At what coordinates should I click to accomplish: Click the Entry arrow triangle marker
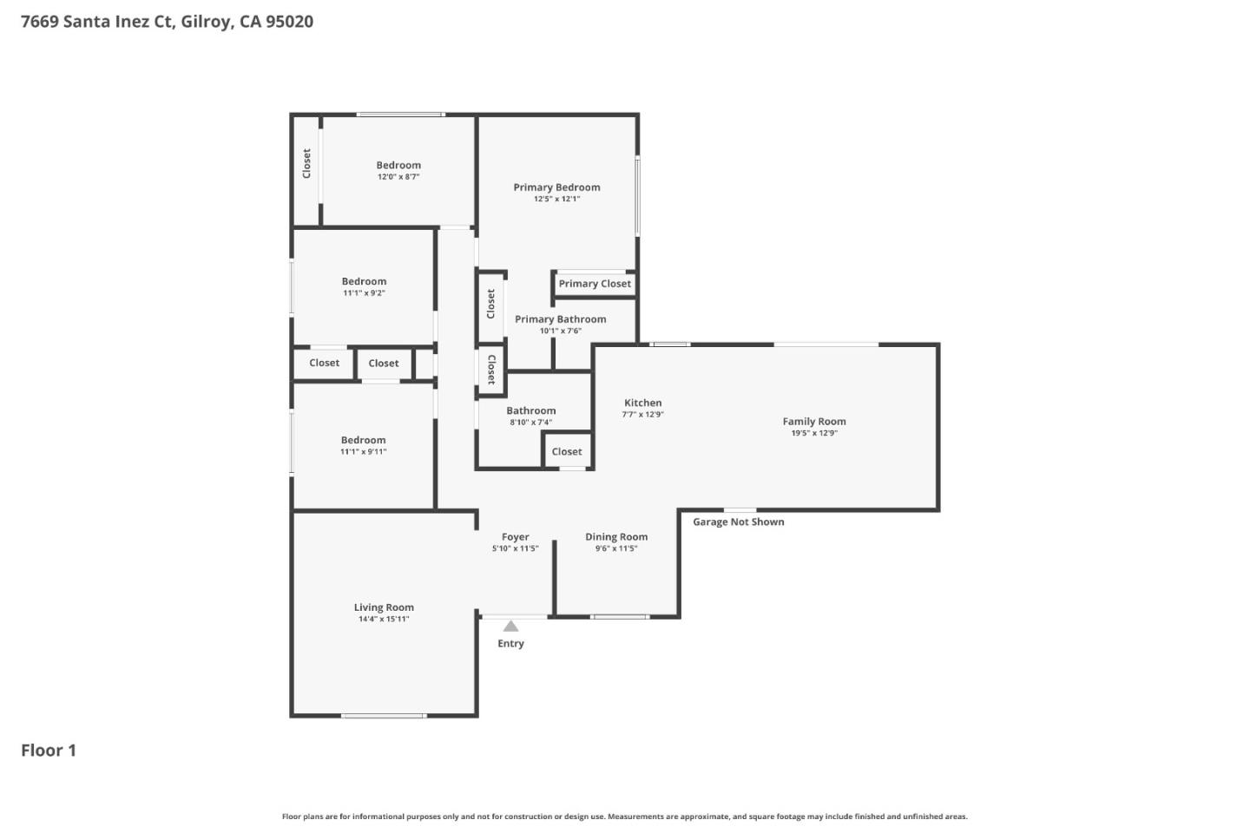pyautogui.click(x=510, y=626)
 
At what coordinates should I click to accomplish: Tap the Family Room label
pyautogui.click(x=813, y=422)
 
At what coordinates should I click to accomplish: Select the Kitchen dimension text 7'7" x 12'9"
pyautogui.click(x=642, y=415)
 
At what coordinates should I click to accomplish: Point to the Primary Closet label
pyautogui.click(x=595, y=284)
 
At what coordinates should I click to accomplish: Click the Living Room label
pyautogui.click(x=384, y=607)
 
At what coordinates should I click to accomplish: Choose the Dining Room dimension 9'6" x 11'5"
pyautogui.click(x=616, y=548)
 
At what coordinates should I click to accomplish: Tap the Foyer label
pyautogui.click(x=515, y=537)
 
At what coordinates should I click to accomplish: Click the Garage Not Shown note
pyautogui.click(x=738, y=521)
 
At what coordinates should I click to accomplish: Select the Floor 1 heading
pyautogui.click(x=49, y=751)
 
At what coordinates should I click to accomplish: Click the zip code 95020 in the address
pyautogui.click(x=289, y=22)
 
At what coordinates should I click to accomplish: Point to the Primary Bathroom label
pyautogui.click(x=560, y=319)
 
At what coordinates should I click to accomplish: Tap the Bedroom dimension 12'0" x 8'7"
pyautogui.click(x=398, y=177)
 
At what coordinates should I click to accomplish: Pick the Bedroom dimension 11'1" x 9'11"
pyautogui.click(x=363, y=452)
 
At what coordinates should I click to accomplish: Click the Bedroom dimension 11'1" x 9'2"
pyautogui.click(x=364, y=293)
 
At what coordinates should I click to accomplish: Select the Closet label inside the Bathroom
pyautogui.click(x=567, y=451)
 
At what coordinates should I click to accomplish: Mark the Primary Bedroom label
pyautogui.click(x=556, y=187)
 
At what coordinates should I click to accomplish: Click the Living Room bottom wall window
pyautogui.click(x=384, y=716)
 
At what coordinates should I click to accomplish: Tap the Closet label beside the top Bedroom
pyautogui.click(x=306, y=163)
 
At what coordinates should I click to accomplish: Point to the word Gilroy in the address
pyautogui.click(x=206, y=22)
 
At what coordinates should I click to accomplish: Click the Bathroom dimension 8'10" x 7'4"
pyautogui.click(x=530, y=423)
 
